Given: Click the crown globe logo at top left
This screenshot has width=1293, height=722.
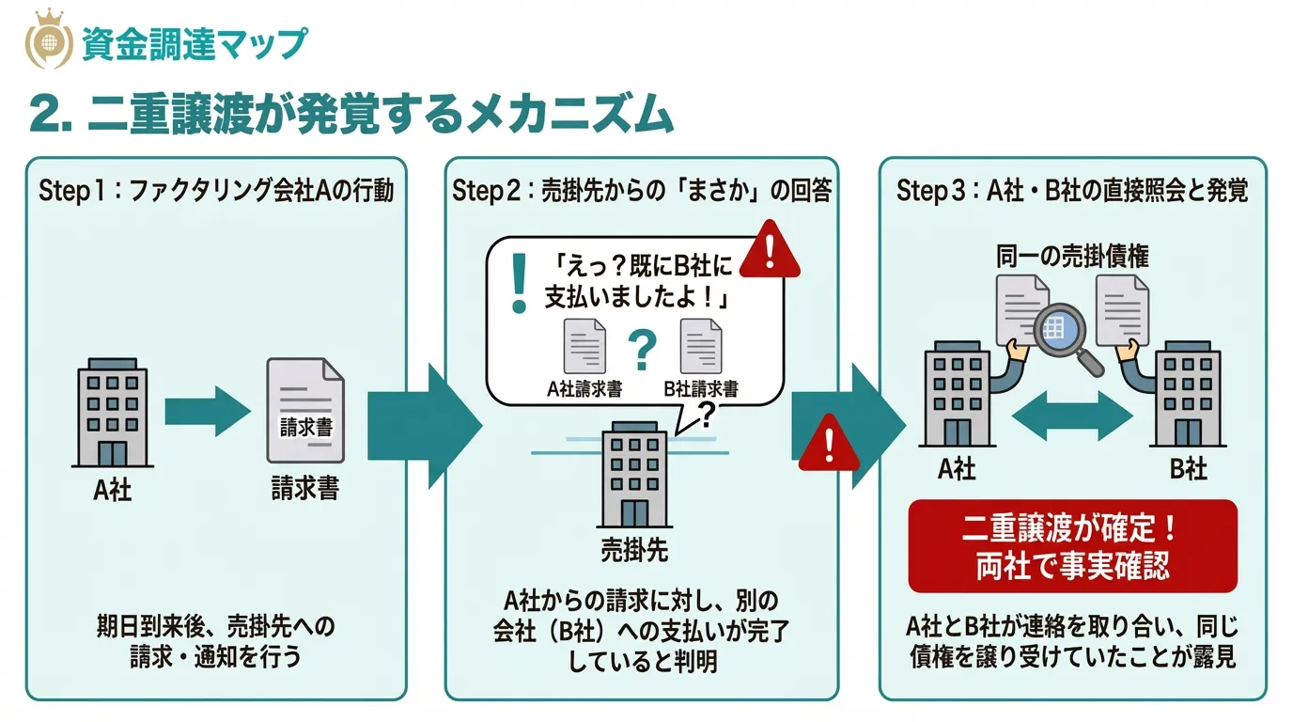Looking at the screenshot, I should [47, 40].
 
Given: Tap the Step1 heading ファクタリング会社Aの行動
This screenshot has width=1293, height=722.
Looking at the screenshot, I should [216, 192].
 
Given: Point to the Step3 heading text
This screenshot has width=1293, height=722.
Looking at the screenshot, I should [1072, 192].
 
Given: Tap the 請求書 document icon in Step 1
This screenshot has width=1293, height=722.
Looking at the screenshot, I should [305, 410].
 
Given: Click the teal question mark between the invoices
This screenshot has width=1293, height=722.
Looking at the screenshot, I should [642, 350].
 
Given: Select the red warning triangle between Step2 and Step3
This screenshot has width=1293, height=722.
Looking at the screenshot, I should [829, 442].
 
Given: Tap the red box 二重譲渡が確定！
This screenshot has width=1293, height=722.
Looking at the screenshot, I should [1072, 546].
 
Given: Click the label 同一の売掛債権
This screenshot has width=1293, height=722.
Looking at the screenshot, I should [1072, 256].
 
